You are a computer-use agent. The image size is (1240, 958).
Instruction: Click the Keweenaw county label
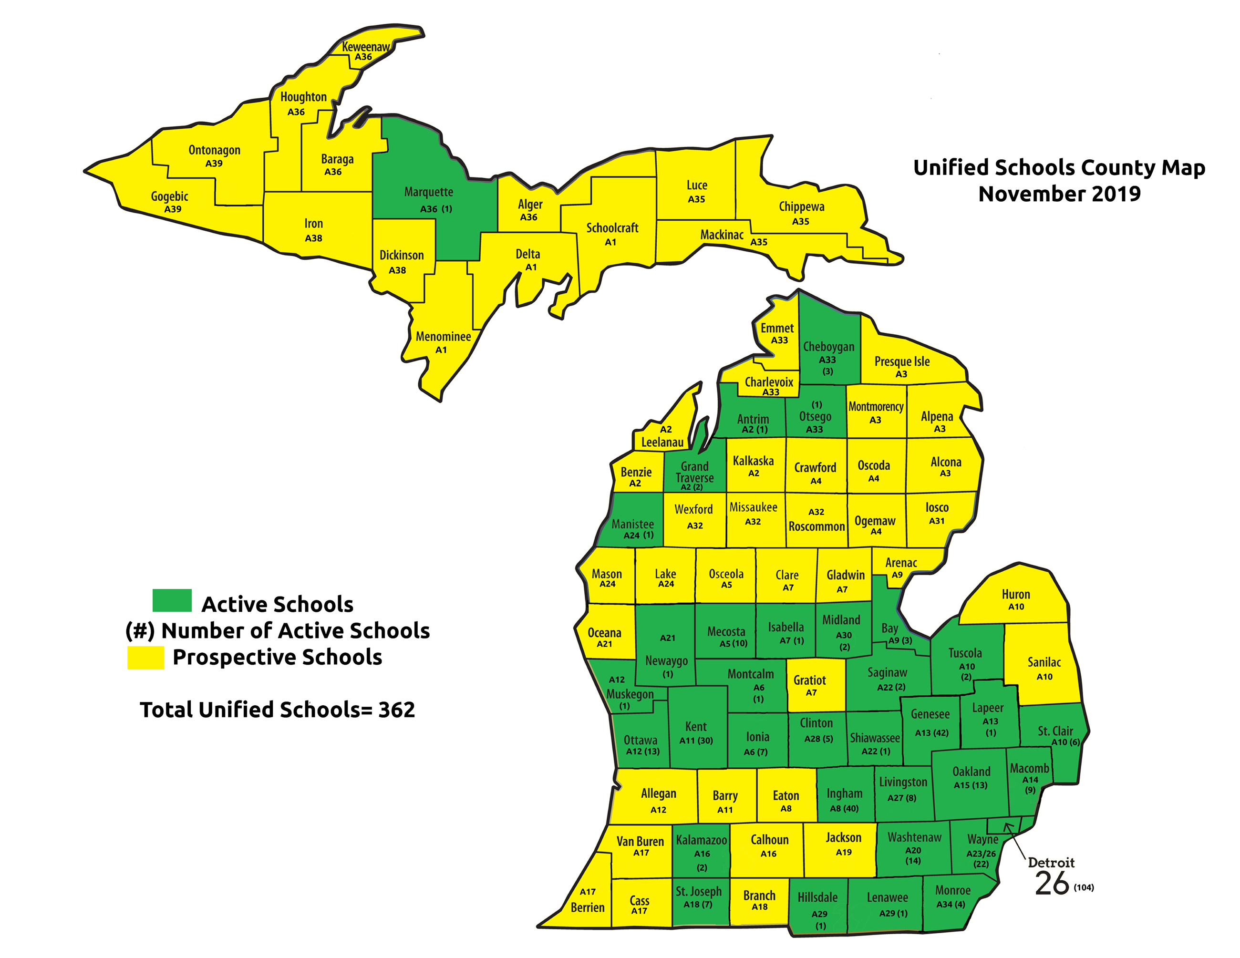[366, 47]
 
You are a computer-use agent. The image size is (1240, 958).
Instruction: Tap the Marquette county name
[429, 192]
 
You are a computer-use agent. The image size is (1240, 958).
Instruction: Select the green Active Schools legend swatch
[172, 600]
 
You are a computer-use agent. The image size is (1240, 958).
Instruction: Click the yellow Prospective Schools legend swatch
[146, 658]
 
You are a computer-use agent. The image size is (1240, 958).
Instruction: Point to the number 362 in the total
[396, 710]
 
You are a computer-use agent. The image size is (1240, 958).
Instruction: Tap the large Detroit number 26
[1052, 884]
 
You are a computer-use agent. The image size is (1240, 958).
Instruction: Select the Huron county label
[1016, 594]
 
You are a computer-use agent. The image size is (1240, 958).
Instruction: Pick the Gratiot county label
[810, 680]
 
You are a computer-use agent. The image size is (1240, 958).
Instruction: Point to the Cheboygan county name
[828, 347]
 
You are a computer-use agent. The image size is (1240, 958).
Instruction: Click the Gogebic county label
[169, 196]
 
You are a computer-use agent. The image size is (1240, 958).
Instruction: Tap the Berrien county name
[588, 907]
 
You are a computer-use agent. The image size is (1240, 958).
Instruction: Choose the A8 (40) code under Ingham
[844, 808]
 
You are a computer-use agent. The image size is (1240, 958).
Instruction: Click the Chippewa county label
[801, 206]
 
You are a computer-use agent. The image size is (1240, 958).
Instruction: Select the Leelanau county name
[662, 442]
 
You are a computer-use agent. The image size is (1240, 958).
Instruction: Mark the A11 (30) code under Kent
[696, 741]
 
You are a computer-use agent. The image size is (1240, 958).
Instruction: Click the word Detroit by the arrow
[1051, 863]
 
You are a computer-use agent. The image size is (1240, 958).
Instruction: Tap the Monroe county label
[953, 890]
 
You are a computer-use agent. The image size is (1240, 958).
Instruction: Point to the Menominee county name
[444, 337]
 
